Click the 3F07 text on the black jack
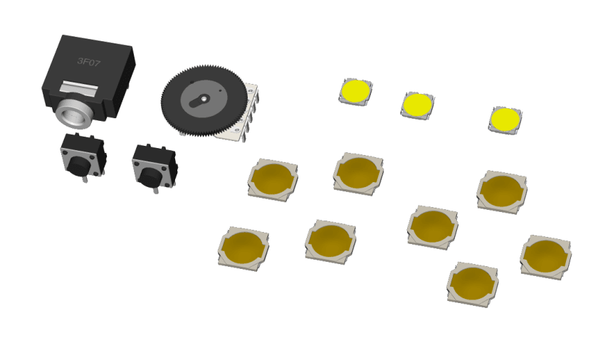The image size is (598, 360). coord(89,61)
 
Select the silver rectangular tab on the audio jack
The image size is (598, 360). coord(78,88)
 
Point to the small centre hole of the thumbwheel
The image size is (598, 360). coord(204,99)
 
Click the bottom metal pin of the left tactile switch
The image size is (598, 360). coord(85,178)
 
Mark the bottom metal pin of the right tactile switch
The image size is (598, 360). coord(156,189)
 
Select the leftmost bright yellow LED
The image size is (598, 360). coord(355,92)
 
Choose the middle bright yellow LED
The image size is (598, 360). coord(417,105)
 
